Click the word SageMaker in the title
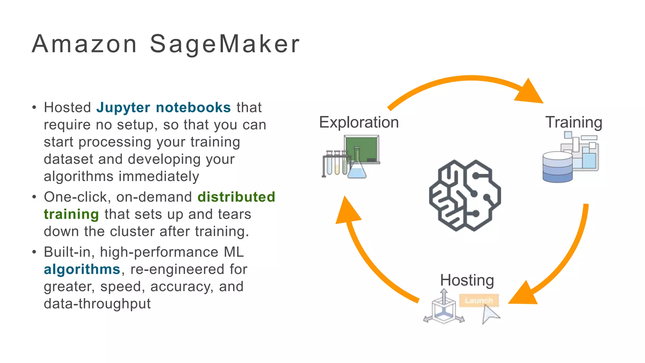coord(225,44)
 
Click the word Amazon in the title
coord(84,44)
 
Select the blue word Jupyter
coord(123,108)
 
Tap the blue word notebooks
coord(193,108)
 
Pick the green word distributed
coord(236,197)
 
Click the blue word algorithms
coord(82,269)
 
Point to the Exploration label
coord(359,122)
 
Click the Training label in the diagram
coord(574,122)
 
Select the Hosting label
coord(467,280)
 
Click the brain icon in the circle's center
coord(465,195)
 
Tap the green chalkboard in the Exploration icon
coord(362,148)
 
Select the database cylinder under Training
coord(557,167)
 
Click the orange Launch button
coord(479,300)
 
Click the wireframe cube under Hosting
coord(443,310)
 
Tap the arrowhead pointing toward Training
coord(530,92)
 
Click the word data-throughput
coord(97,304)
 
